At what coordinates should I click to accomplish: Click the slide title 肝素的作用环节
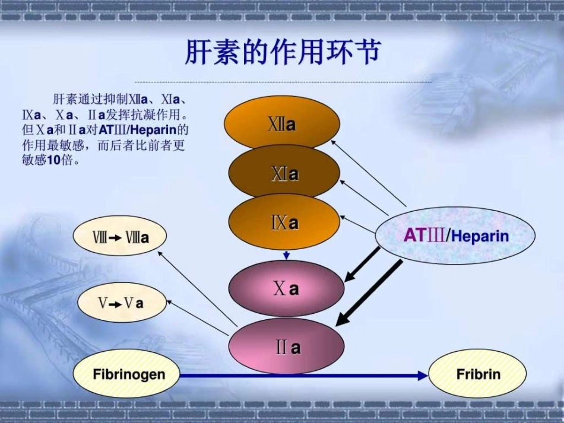pyautogui.click(x=282, y=53)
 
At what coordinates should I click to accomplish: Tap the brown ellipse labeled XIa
pyautogui.click(x=284, y=174)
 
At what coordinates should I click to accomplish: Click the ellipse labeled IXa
pyautogui.click(x=284, y=223)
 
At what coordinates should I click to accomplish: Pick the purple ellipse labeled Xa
pyautogui.click(x=286, y=289)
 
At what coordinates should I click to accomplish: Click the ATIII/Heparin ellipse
pyautogui.click(x=455, y=236)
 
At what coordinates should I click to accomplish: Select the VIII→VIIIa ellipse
pyautogui.click(x=119, y=237)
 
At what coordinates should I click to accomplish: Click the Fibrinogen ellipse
pyautogui.click(x=128, y=375)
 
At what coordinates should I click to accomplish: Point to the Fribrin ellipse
pyautogui.click(x=477, y=374)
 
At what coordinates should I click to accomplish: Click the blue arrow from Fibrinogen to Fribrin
pyautogui.click(x=303, y=376)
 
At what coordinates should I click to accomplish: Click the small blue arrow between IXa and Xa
pyautogui.click(x=286, y=255)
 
